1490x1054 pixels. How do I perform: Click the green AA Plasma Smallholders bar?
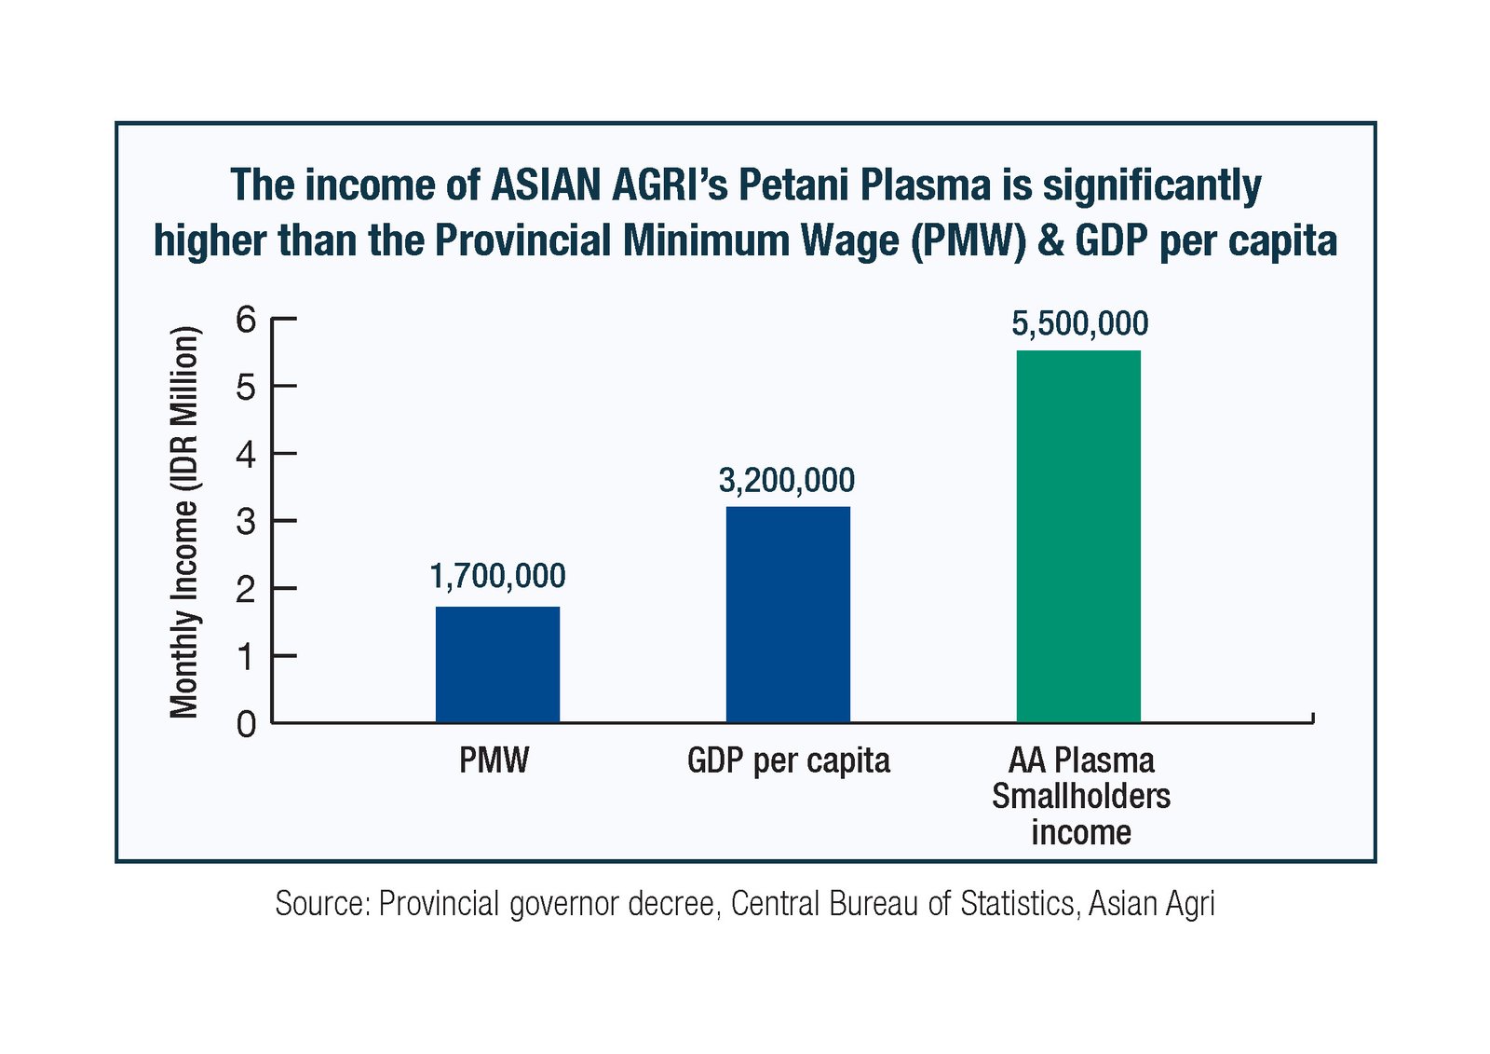[x=1078, y=536]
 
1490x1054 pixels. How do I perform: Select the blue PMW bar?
[x=497, y=664]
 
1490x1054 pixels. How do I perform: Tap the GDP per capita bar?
[x=788, y=614]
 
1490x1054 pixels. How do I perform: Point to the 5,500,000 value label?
[x=1079, y=324]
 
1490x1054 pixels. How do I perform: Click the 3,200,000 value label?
[x=786, y=481]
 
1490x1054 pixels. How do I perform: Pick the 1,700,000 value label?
[x=497, y=577]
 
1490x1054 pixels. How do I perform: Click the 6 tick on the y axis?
[x=246, y=321]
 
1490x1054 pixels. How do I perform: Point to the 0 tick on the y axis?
[x=246, y=724]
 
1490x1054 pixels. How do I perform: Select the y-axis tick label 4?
[x=246, y=456]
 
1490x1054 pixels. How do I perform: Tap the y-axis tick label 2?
[x=246, y=590]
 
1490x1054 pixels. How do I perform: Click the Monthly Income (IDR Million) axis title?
[x=184, y=522]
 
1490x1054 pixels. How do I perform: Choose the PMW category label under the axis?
[x=494, y=760]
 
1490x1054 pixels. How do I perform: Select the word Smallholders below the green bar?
[x=1081, y=797]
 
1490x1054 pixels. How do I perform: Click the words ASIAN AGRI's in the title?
[x=609, y=185]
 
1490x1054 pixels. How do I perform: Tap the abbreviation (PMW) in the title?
[x=968, y=240]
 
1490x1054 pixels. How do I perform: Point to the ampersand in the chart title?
[x=1050, y=240]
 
